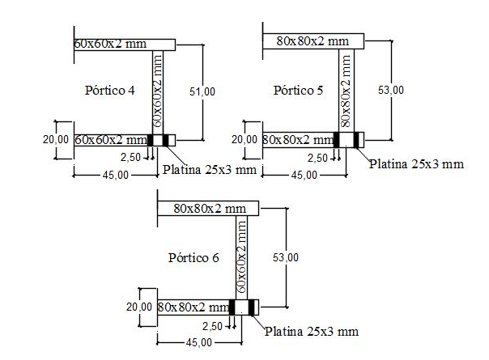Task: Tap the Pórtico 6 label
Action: [x=193, y=258]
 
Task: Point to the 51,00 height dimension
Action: [x=203, y=91]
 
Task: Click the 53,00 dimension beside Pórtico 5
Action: [x=391, y=90]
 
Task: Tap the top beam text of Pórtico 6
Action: [x=209, y=208]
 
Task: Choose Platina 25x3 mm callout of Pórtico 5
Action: [x=416, y=163]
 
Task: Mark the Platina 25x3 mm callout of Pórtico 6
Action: [x=312, y=331]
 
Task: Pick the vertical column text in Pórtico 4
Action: [x=158, y=91]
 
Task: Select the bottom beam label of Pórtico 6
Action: [x=193, y=307]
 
